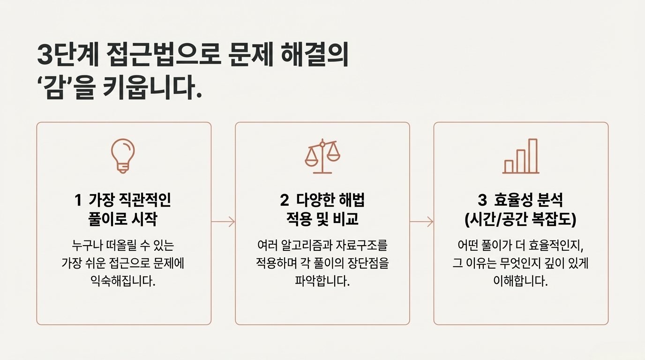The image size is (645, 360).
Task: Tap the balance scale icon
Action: pyautogui.click(x=322, y=157)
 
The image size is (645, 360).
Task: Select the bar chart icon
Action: pyautogui.click(x=521, y=157)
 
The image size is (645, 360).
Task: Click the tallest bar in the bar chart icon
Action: pyautogui.click(x=532, y=156)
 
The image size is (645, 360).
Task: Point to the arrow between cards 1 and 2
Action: pyautogui.click(x=223, y=222)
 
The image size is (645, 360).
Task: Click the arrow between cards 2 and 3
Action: pyautogui.click(x=421, y=222)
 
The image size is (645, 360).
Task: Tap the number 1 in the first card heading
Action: pyautogui.click(x=78, y=201)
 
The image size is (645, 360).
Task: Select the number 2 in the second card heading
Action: pyautogui.click(x=284, y=201)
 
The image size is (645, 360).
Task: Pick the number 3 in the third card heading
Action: pyautogui.click(x=482, y=201)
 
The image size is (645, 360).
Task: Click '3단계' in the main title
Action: pyautogui.click(x=68, y=55)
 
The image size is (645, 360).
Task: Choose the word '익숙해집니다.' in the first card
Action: pyautogui.click(x=123, y=282)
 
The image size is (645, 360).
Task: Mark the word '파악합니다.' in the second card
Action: pyautogui.click(x=322, y=282)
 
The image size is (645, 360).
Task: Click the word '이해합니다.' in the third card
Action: pyautogui.click(x=521, y=282)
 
